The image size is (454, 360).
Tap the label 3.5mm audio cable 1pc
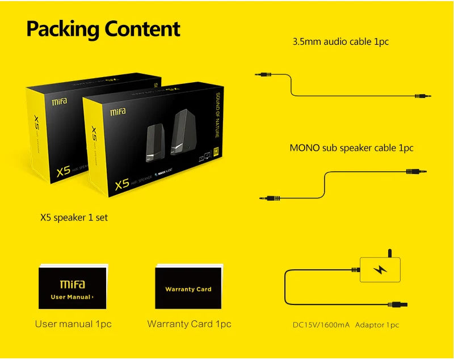(340, 41)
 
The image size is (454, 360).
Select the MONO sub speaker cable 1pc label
(351, 148)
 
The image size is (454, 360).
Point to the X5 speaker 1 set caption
(74, 217)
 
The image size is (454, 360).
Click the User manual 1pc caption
(73, 324)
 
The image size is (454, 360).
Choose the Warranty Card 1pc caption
(189, 324)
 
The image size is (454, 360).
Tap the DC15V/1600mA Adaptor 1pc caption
(346, 325)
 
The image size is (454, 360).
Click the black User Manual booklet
(73, 288)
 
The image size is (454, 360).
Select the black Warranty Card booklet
(188, 288)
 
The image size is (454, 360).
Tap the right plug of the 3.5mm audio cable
(423, 97)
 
